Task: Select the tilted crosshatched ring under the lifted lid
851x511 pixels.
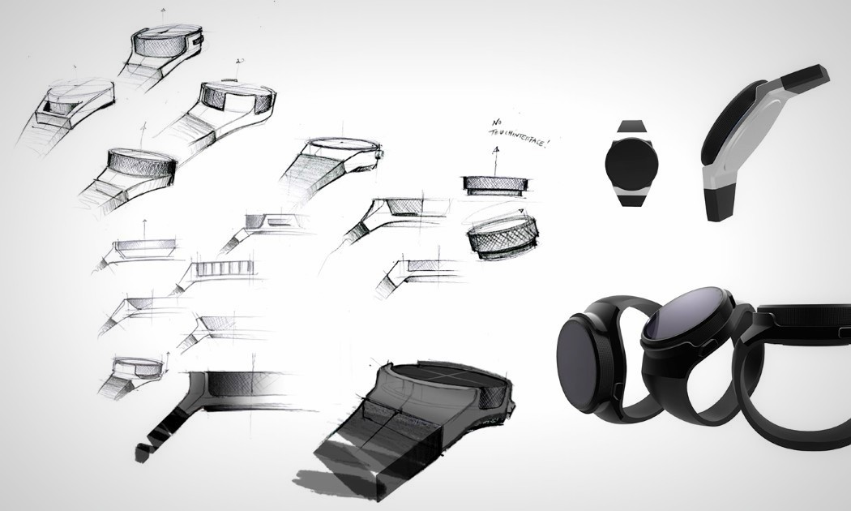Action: [503, 236]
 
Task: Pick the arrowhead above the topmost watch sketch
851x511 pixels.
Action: [164, 11]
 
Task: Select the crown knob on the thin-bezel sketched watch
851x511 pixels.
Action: [379, 155]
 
